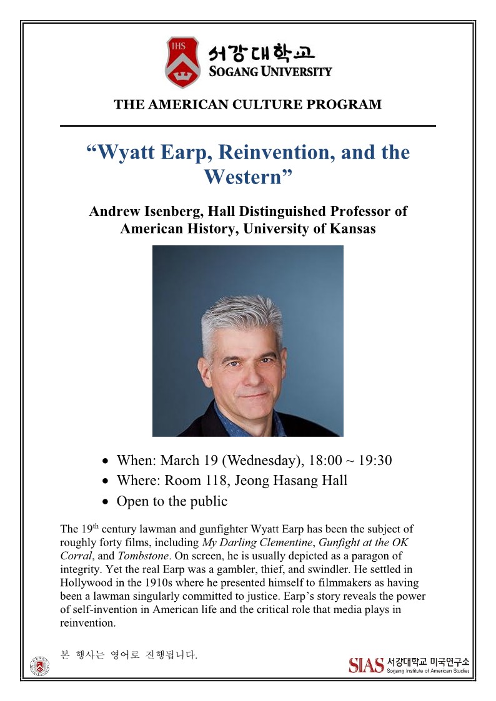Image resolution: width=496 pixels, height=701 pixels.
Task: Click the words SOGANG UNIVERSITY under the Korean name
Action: (270, 71)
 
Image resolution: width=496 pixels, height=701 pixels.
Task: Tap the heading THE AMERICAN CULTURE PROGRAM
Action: (247, 105)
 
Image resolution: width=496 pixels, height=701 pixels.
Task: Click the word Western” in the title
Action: (248, 177)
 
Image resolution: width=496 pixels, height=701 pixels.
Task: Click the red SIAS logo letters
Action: (366, 665)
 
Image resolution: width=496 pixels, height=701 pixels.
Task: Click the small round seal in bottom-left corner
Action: (40, 666)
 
